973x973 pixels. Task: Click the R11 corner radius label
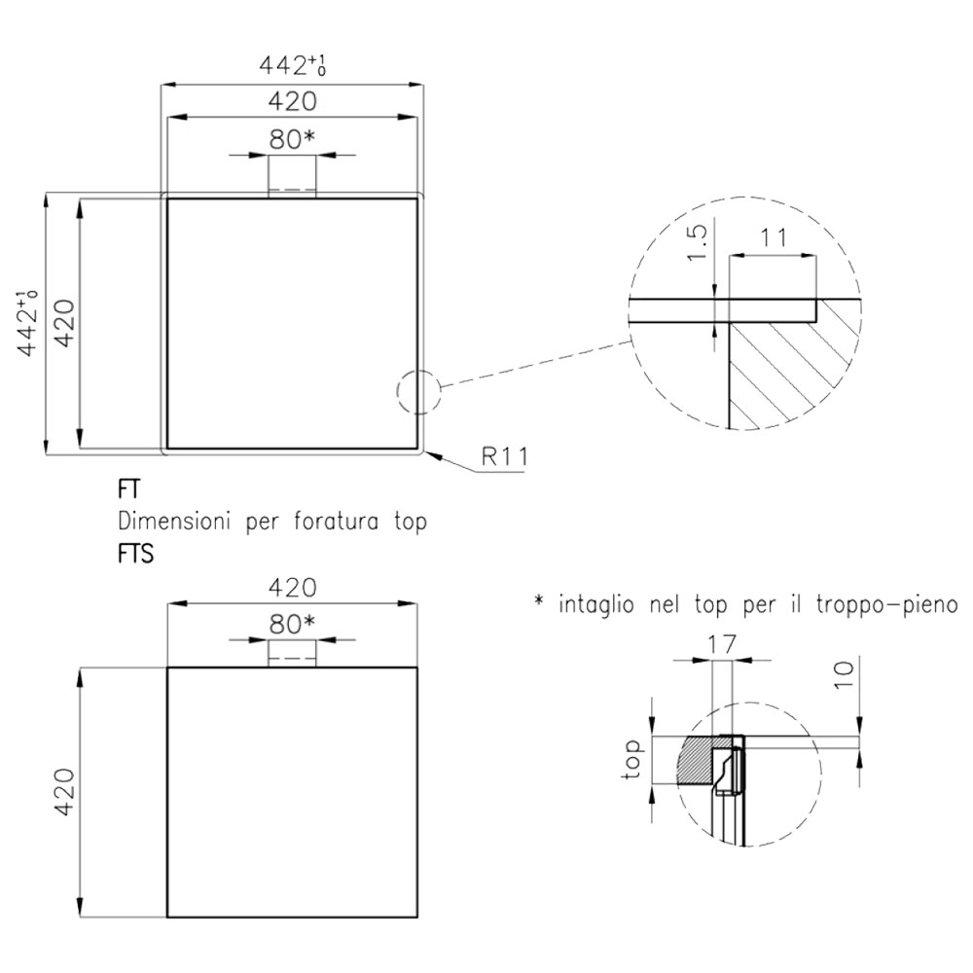click(505, 456)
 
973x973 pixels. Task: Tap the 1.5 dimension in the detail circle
click(698, 242)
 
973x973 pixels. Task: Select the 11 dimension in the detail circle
click(774, 237)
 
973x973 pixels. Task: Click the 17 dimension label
click(722, 644)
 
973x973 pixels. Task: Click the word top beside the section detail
click(632, 759)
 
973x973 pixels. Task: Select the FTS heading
click(136, 554)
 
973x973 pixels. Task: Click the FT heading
click(129, 489)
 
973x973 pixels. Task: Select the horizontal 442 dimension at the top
click(292, 64)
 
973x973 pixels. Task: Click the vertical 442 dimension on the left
click(27, 323)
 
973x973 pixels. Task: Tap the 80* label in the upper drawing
click(292, 140)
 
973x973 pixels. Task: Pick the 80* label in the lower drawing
click(292, 624)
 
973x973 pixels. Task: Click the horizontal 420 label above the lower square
click(292, 587)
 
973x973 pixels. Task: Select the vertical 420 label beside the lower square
click(64, 791)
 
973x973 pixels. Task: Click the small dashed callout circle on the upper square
click(397, 392)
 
